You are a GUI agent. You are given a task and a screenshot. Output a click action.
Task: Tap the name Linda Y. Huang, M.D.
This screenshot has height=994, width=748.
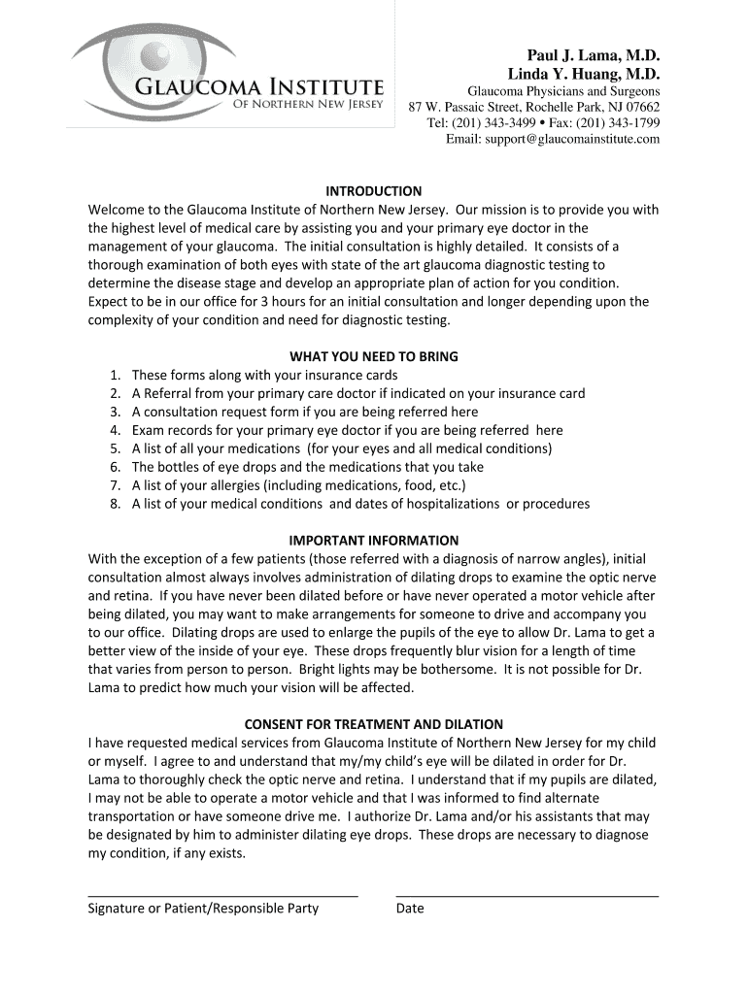tap(584, 74)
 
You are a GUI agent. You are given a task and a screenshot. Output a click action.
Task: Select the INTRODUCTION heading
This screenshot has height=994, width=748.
tap(373, 191)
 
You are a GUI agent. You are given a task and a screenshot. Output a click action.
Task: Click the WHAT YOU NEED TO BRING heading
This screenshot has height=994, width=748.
tap(373, 356)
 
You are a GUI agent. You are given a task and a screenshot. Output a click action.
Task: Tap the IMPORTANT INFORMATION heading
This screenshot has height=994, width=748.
tap(373, 540)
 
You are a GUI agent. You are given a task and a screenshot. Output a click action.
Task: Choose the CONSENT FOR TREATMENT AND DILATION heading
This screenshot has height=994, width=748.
tap(373, 724)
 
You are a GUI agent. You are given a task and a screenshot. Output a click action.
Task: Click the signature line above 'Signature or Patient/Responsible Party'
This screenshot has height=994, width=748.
tap(222, 895)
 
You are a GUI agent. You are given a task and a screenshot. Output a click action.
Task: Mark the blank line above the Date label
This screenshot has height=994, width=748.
tap(527, 895)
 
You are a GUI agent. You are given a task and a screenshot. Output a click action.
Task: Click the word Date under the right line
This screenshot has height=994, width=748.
tap(410, 909)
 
